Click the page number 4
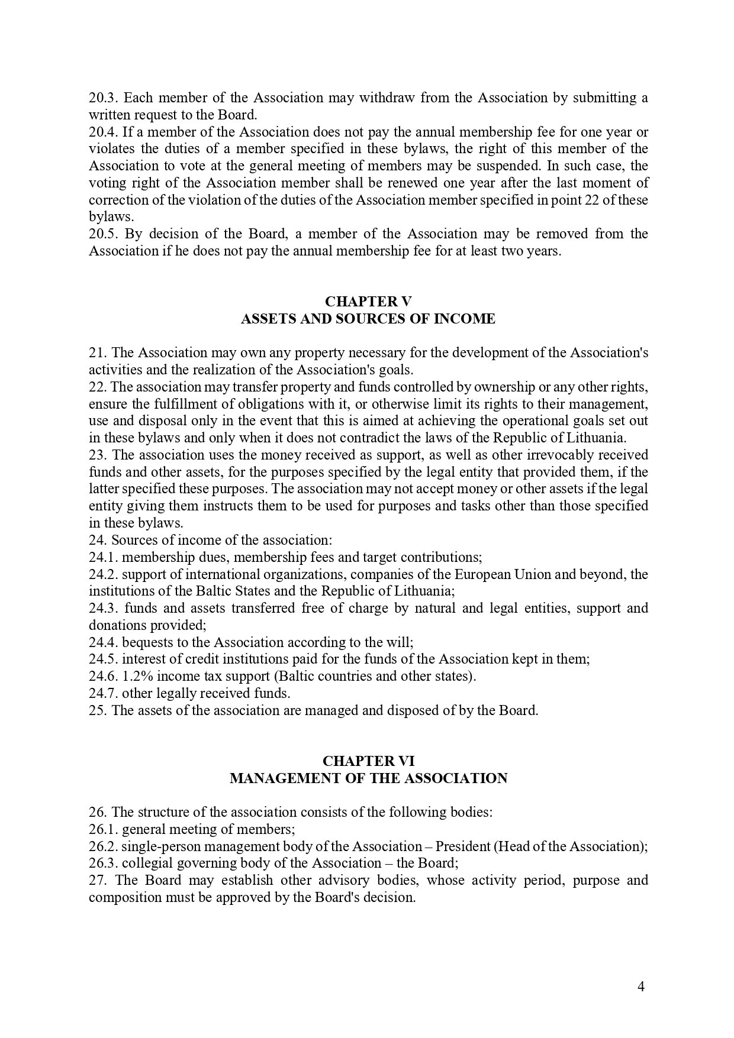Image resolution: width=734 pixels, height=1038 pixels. [641, 987]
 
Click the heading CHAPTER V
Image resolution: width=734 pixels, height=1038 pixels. [368, 302]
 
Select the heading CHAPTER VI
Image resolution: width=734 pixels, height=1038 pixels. [368, 761]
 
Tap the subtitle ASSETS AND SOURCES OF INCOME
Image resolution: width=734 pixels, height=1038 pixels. [368, 319]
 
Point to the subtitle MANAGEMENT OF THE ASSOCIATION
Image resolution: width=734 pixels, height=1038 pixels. [368, 778]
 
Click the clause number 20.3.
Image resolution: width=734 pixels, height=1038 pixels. [104, 98]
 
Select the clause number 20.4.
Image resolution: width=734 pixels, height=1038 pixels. [104, 132]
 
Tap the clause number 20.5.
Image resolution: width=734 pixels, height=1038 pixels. [104, 234]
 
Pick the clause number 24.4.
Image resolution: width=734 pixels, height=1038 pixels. [104, 642]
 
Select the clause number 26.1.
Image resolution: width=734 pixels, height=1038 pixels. [104, 829]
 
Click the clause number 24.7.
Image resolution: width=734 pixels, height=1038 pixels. [104, 693]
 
